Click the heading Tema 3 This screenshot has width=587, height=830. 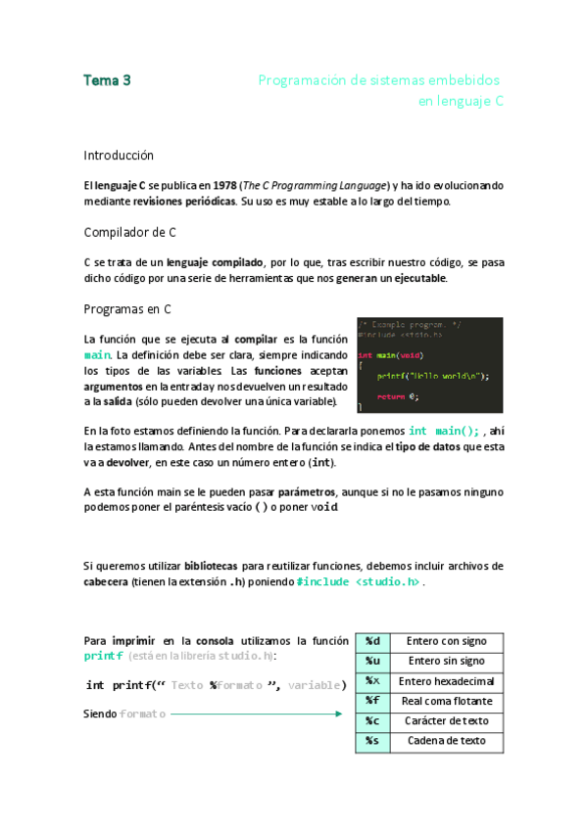point(108,81)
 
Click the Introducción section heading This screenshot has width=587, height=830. point(119,155)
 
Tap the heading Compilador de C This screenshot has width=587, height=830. point(129,232)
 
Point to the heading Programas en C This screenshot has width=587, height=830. point(127,309)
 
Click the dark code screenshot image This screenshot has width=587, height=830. point(429,364)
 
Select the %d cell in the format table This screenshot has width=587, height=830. point(372,641)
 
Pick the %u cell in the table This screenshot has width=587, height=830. point(372,661)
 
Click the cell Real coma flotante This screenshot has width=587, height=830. point(446,701)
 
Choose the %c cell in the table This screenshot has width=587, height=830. point(372,721)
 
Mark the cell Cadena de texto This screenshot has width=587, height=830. point(446,741)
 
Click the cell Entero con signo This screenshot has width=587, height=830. point(446,641)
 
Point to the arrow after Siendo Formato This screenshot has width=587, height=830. point(256,715)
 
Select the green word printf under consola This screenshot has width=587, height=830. point(103,655)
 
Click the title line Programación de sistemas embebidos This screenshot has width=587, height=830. point(379,80)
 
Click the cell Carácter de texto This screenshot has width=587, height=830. point(446,721)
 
